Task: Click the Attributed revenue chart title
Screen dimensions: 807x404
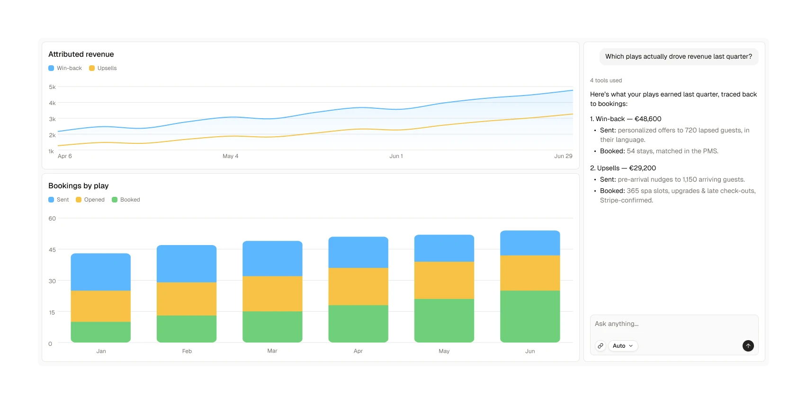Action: click(x=81, y=54)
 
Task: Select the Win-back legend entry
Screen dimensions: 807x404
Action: click(x=65, y=68)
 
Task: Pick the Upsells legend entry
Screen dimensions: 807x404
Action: click(x=103, y=68)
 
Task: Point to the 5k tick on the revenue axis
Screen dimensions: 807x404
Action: click(x=52, y=87)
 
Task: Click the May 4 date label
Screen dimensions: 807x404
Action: click(x=230, y=156)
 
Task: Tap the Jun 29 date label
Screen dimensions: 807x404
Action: click(x=563, y=156)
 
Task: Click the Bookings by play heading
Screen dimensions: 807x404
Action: click(x=79, y=185)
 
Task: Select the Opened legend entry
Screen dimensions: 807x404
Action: click(x=90, y=200)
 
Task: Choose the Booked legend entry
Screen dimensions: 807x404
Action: click(x=126, y=200)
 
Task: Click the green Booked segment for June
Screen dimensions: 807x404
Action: click(x=530, y=316)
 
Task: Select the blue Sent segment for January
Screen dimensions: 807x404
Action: click(x=100, y=272)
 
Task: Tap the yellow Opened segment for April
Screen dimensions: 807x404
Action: click(x=358, y=286)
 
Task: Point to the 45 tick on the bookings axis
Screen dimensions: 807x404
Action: click(x=52, y=250)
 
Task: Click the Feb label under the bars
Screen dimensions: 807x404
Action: click(x=187, y=351)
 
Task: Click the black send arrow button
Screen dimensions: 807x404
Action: click(x=748, y=346)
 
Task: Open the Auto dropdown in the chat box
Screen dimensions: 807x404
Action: click(x=623, y=346)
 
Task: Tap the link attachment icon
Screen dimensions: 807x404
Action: click(x=600, y=346)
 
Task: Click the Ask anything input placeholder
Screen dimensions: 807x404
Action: click(x=617, y=324)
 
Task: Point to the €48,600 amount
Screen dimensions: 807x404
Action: click(x=648, y=119)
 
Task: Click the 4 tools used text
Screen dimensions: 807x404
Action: click(x=606, y=80)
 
